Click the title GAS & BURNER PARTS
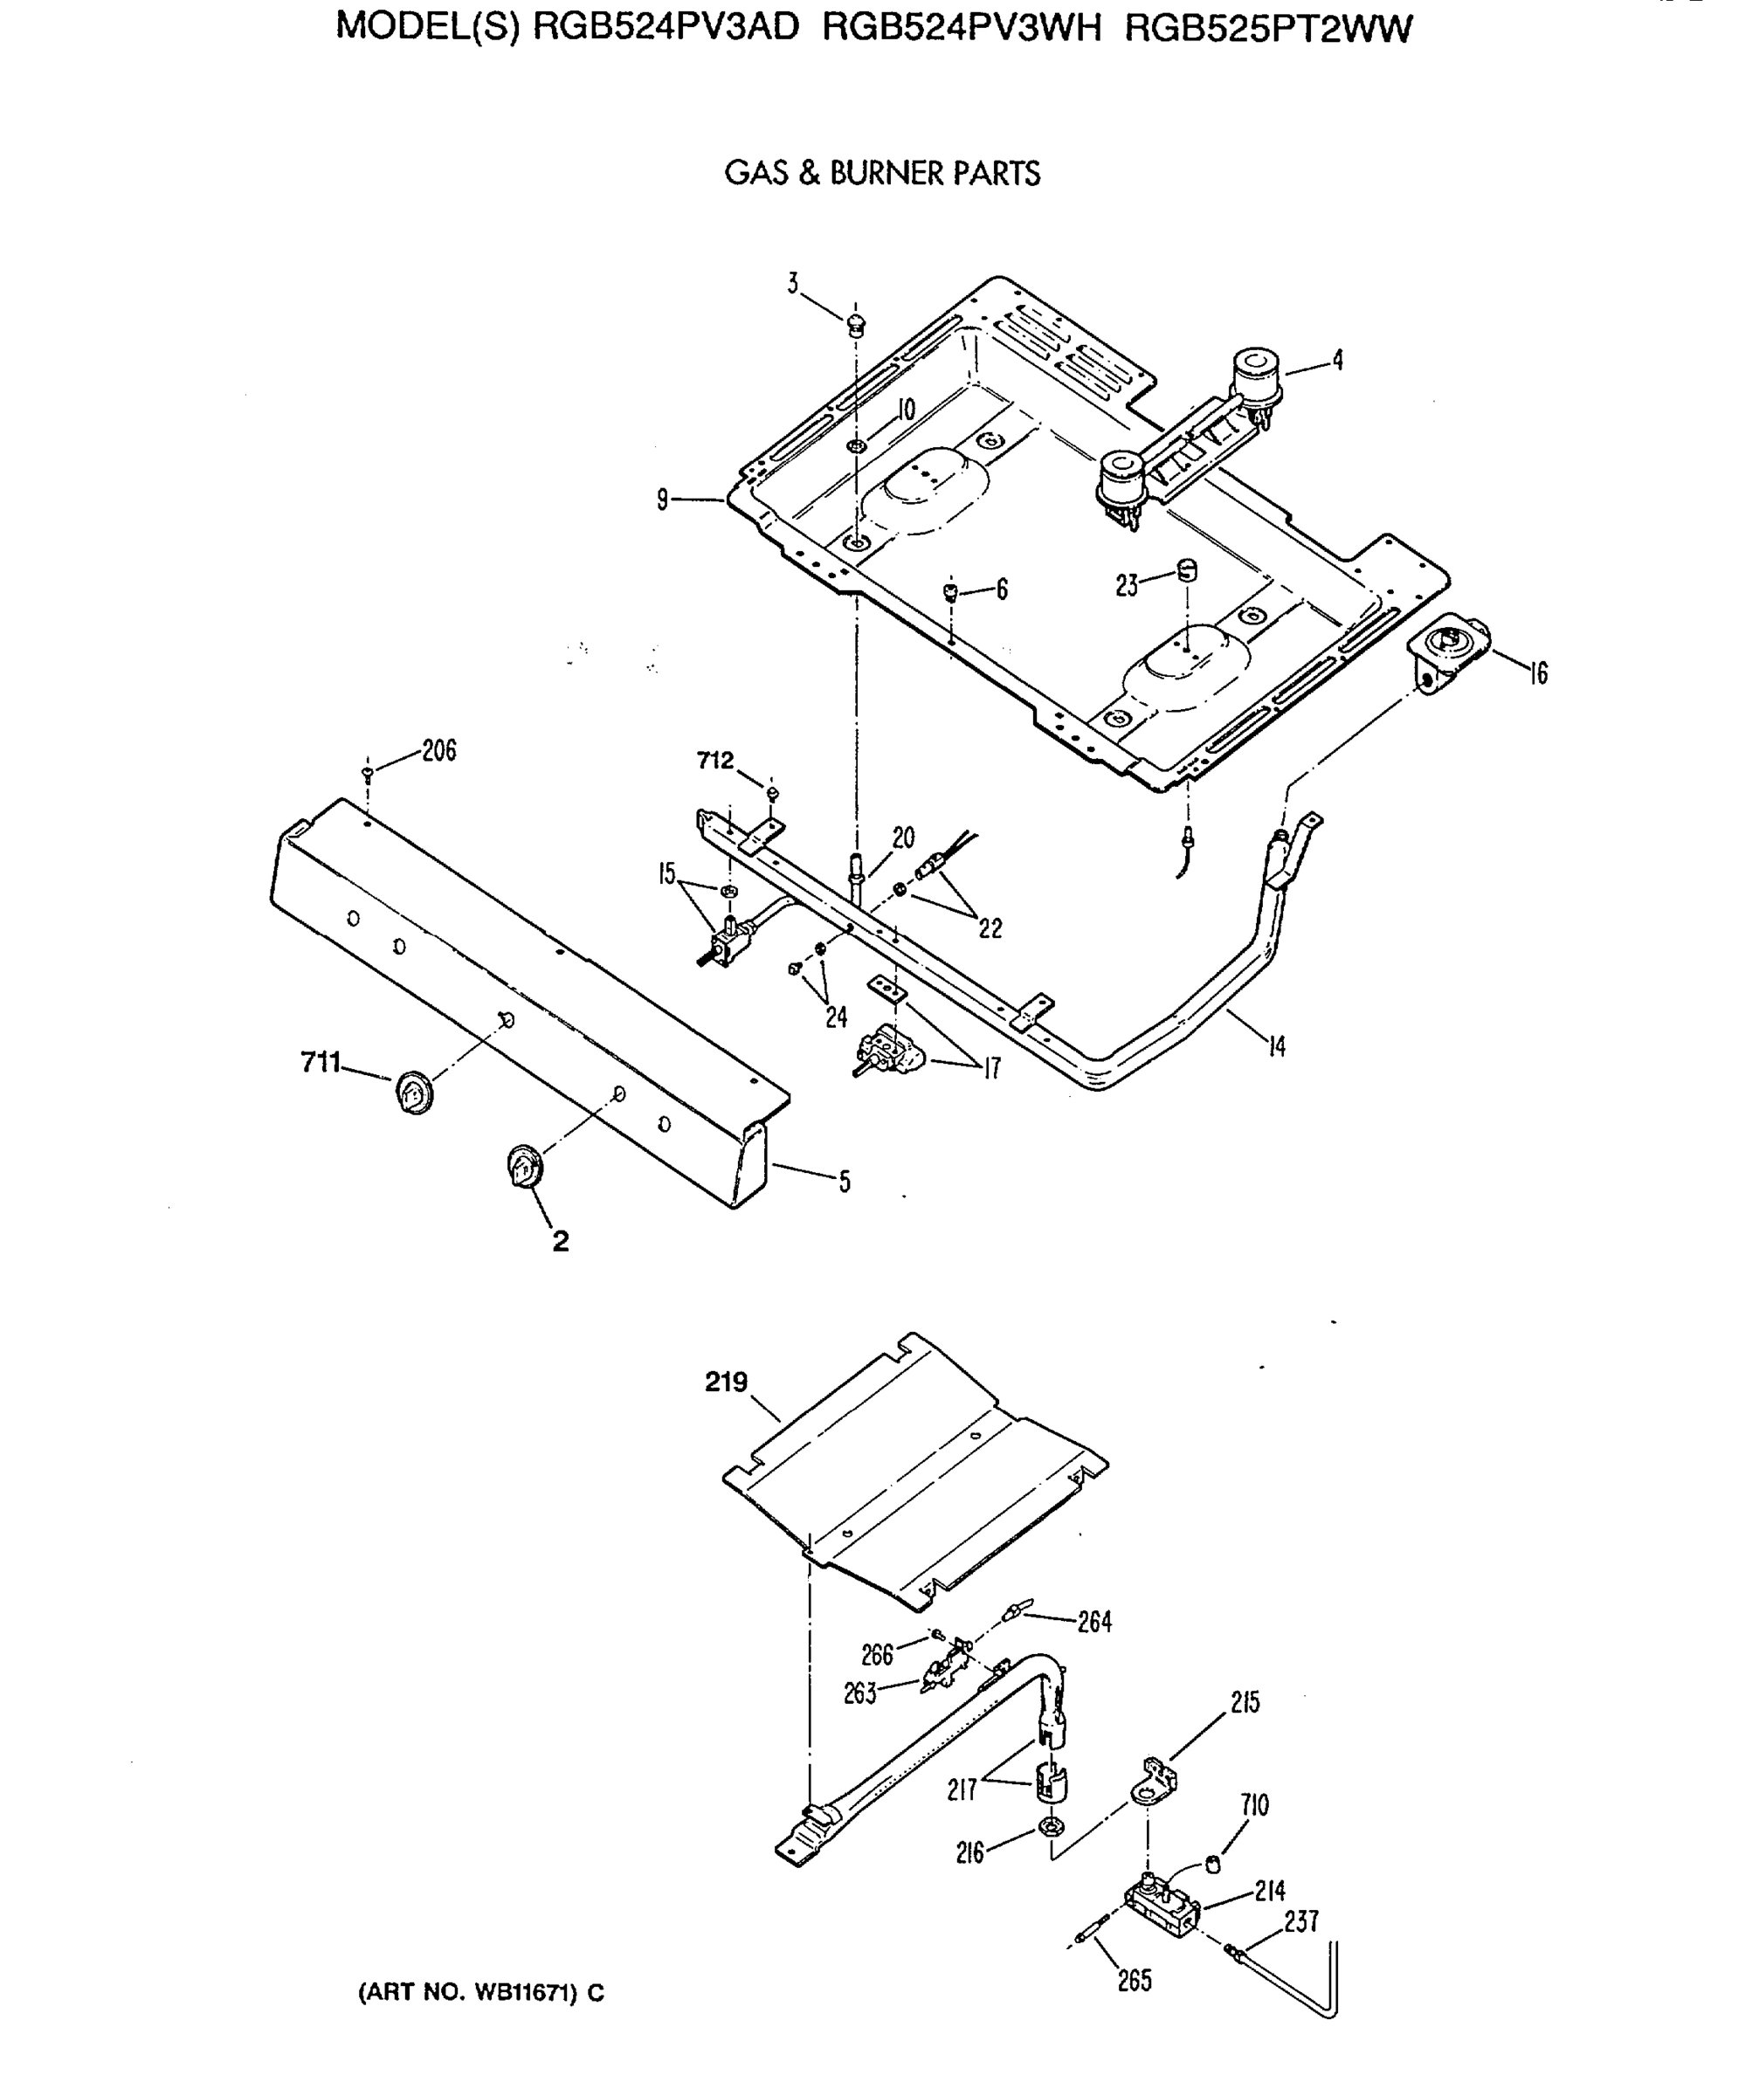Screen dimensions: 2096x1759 881,174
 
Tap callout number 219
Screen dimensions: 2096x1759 726,1382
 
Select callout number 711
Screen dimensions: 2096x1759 321,1063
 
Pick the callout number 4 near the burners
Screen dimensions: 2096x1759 1338,361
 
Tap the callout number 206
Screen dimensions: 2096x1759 438,750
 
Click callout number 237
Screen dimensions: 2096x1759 1300,1921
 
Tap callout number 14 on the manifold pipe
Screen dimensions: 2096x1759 1277,1046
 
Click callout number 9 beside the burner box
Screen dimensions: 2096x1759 662,499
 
